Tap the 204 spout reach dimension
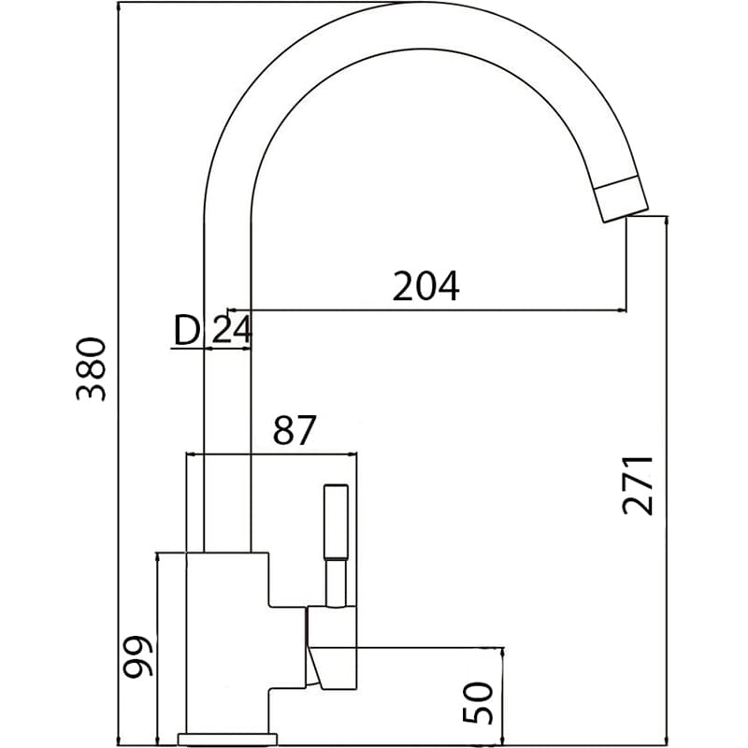[425, 286]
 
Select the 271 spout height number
[638, 485]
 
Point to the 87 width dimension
[295, 430]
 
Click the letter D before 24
[187, 329]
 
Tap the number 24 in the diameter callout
[230, 329]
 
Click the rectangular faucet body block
[229, 645]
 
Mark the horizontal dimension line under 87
[272, 454]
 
